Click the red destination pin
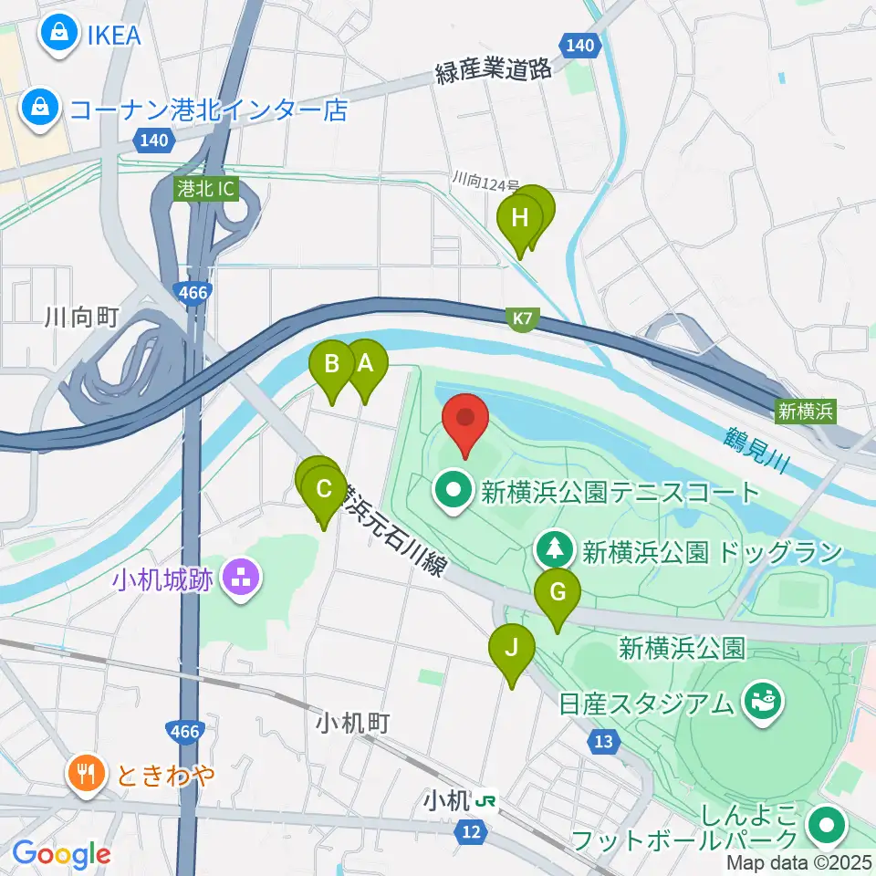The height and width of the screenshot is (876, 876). (465, 421)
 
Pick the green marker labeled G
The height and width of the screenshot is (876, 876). (557, 594)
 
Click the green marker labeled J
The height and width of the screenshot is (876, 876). (512, 649)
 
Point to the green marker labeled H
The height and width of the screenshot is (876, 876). (520, 219)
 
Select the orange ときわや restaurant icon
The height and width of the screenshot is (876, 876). (88, 776)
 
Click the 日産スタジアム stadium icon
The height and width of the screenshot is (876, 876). (760, 704)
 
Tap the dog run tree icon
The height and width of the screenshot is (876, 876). (555, 550)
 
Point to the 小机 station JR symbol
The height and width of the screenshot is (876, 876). (487, 801)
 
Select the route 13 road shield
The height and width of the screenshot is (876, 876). (603, 742)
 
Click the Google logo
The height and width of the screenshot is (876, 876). (61, 854)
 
